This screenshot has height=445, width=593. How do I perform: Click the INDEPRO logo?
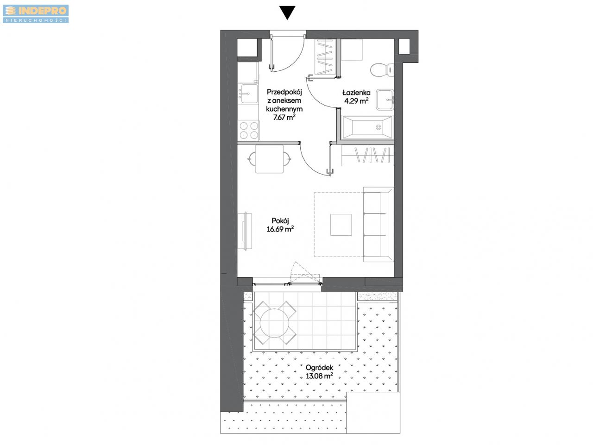tap(36, 14)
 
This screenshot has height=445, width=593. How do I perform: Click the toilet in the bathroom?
tap(381, 70)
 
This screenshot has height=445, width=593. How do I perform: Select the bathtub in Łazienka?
tap(367, 127)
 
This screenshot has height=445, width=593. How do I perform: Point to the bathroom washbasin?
tap(385, 100)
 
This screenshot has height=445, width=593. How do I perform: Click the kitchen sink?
tap(59, 94)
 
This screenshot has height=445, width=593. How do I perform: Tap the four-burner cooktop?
tap(248, 131)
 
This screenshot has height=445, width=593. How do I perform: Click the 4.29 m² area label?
tap(356, 101)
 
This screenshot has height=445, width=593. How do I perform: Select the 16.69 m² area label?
tap(280, 229)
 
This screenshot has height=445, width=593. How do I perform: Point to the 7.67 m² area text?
tap(284, 117)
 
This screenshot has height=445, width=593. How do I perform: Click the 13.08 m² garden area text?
tap(319, 376)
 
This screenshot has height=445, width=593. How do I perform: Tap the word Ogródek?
tap(319, 368)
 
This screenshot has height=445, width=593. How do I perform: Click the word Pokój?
tap(280, 220)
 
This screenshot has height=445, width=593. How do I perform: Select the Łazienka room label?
tap(356, 93)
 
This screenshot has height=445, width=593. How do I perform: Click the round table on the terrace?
tap(274, 323)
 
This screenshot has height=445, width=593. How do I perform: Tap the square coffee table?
tap(341, 225)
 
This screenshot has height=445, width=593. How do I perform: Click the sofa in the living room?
tap(378, 225)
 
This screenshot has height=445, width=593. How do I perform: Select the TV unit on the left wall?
tap(245, 231)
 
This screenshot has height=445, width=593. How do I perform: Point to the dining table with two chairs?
tap(269, 159)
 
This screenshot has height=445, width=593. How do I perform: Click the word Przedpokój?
tap(284, 92)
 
